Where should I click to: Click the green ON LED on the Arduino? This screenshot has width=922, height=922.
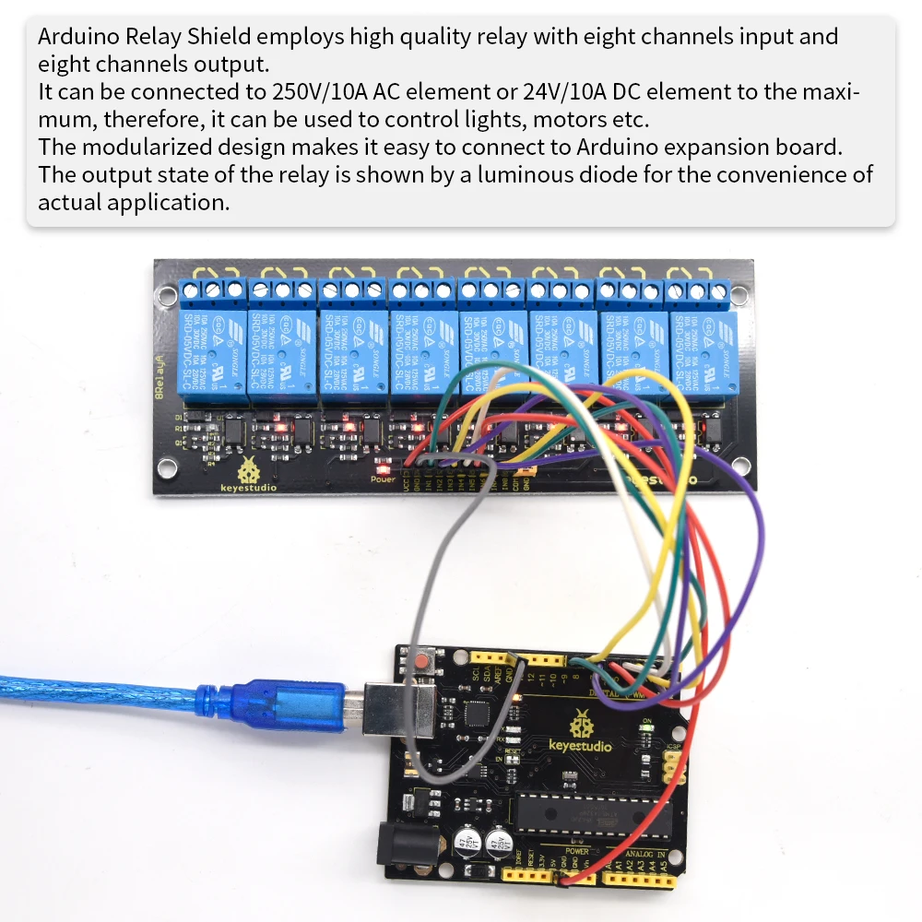tap(647, 728)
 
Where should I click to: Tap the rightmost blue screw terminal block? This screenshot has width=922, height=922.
tap(698, 291)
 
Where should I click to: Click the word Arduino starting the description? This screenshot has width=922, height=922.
tap(77, 37)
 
